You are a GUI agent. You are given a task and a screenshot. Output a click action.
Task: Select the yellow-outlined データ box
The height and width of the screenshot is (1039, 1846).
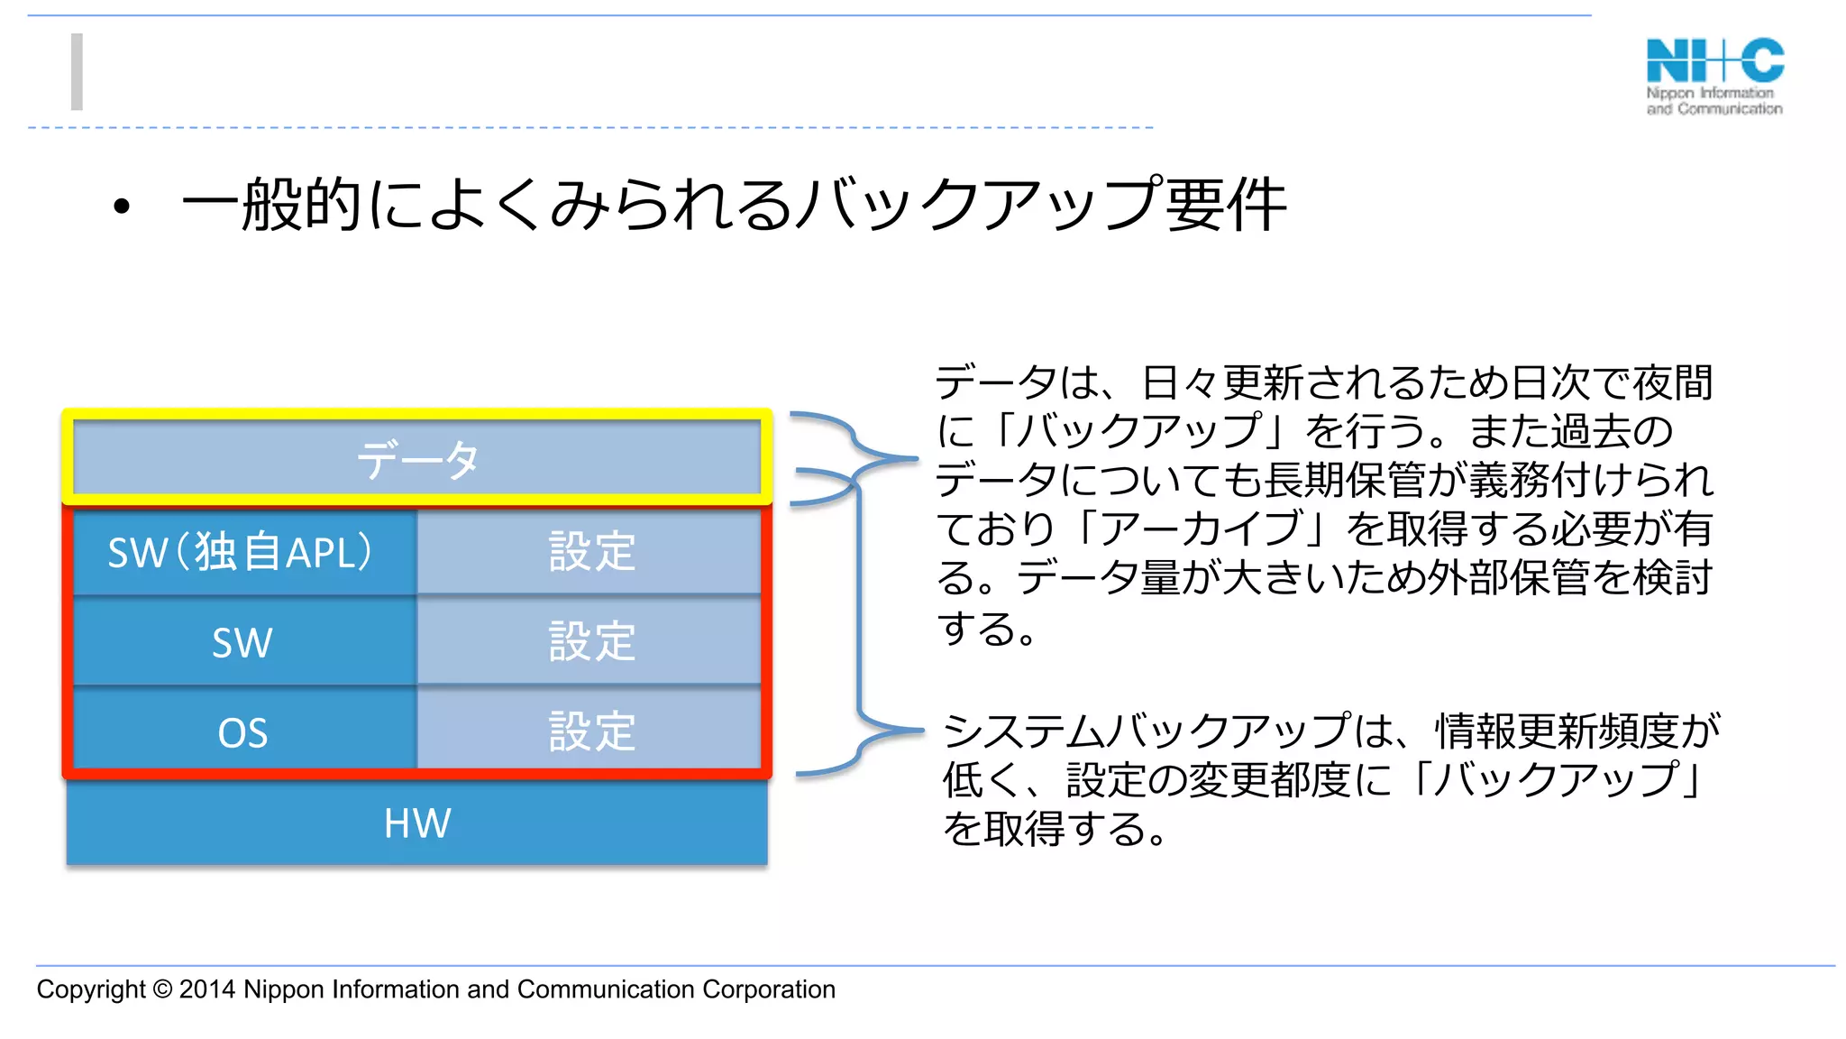point(416,458)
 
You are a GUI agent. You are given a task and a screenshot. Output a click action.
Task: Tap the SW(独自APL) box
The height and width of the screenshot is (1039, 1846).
point(242,551)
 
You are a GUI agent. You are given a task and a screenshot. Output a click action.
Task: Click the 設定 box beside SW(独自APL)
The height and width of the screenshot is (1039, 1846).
point(591,551)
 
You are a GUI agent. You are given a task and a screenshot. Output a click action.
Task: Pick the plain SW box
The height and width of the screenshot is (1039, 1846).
point(242,642)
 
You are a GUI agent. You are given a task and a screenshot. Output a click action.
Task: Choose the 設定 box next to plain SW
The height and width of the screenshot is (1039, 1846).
point(591,642)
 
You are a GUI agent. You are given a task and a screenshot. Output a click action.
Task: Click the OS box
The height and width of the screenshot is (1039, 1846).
point(242,731)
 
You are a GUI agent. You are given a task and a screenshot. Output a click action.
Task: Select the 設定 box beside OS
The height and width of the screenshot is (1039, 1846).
point(591,731)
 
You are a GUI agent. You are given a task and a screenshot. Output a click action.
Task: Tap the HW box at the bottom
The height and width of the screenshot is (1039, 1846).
point(416,823)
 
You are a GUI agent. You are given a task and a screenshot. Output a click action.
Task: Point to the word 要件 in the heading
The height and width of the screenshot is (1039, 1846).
point(1226,205)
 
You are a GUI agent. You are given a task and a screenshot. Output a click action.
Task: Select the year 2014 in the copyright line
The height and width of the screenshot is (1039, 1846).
point(207,989)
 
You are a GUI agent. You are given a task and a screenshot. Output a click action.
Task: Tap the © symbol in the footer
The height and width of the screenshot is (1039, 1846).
point(162,989)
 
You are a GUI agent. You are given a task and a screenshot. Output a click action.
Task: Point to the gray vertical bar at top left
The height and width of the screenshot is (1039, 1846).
point(78,71)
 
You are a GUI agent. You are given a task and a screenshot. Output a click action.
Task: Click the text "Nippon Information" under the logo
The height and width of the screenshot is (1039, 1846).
point(1710,93)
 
